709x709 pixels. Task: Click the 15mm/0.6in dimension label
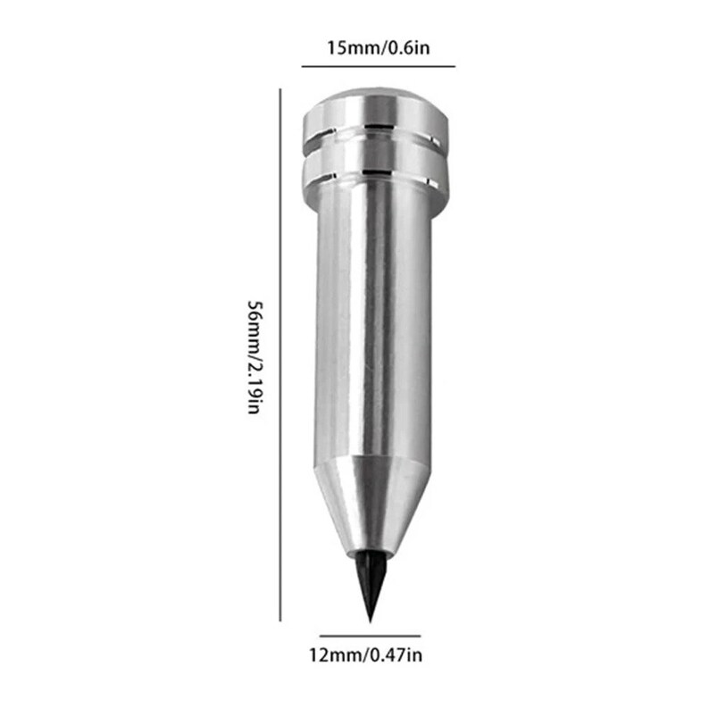378,46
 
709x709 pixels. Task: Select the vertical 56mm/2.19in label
255,358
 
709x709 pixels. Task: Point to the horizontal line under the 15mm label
378,67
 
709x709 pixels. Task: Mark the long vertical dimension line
283,357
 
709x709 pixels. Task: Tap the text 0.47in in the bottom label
396,656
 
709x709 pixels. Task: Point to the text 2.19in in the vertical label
255,386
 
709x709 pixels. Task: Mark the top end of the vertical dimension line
283,90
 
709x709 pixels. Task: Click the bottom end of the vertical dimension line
283,619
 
